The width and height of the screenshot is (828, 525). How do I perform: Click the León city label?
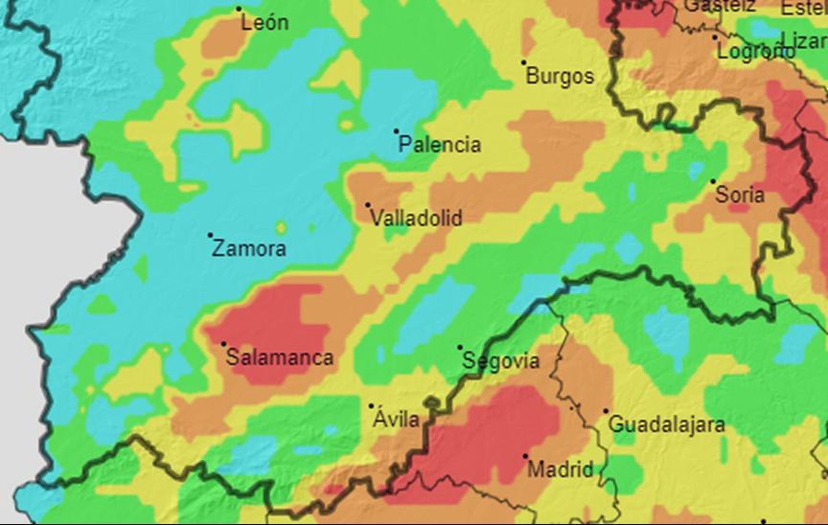265,23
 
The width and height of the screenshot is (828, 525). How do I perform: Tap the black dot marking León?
239,9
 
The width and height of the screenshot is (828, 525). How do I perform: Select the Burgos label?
559,77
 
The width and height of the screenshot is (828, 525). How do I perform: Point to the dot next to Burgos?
524,63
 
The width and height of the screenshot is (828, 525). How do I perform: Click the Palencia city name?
439,144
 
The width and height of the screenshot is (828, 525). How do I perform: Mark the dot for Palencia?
396,131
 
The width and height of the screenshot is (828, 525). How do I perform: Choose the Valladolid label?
416,218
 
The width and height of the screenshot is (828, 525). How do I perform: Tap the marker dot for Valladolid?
368,205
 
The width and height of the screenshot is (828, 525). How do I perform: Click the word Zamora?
249,249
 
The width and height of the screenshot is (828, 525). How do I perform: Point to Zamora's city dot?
211,235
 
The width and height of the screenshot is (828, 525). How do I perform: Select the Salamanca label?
279,357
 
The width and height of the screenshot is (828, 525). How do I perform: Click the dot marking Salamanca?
224,344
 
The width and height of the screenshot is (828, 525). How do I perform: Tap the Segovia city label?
500,361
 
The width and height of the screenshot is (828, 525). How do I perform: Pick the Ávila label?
396,419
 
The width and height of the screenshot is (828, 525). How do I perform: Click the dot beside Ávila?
371,406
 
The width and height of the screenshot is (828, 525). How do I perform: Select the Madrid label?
560,470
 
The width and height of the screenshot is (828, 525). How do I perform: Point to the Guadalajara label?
666,425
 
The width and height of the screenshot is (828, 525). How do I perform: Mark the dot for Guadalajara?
606,411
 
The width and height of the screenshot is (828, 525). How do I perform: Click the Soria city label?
740,195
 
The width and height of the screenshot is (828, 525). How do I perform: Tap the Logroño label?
755,51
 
